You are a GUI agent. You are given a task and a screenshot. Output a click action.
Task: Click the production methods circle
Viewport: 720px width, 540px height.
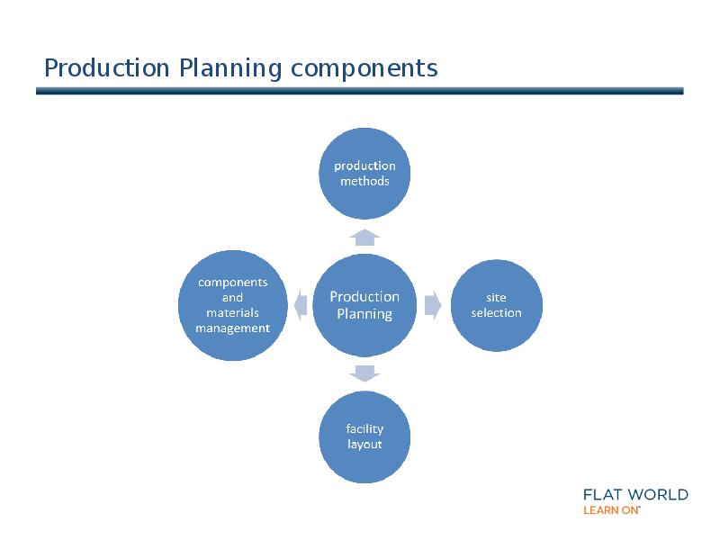click(x=364, y=174)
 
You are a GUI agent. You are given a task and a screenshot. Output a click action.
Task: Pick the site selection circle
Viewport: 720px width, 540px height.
click(x=496, y=305)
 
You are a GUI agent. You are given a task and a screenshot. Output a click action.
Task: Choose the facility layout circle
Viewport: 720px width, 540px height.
click(x=364, y=436)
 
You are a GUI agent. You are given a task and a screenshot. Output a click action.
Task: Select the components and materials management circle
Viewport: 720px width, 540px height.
click(x=233, y=305)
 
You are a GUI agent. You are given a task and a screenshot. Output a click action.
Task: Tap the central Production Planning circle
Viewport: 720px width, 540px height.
click(x=364, y=305)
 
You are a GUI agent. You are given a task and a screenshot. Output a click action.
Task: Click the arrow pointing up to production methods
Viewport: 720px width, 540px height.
click(x=364, y=237)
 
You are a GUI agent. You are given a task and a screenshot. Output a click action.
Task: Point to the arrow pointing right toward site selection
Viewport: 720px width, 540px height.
click(x=432, y=305)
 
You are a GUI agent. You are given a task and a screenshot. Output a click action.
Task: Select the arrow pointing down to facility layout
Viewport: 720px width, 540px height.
click(x=364, y=373)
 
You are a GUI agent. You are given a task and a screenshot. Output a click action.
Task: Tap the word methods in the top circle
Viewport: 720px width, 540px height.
click(x=364, y=181)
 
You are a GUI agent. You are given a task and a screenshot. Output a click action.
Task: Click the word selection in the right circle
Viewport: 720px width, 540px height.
click(x=496, y=313)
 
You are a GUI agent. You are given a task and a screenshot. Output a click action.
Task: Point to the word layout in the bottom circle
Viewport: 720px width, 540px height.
click(x=364, y=445)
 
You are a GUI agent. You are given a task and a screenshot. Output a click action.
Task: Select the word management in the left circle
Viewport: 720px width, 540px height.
click(x=233, y=328)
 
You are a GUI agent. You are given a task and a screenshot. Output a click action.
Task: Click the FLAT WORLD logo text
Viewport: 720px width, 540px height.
click(x=635, y=494)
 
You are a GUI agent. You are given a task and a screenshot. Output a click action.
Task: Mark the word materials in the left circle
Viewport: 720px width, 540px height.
click(x=233, y=313)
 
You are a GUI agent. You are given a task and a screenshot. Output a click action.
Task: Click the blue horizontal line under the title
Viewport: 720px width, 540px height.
click(x=360, y=91)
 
